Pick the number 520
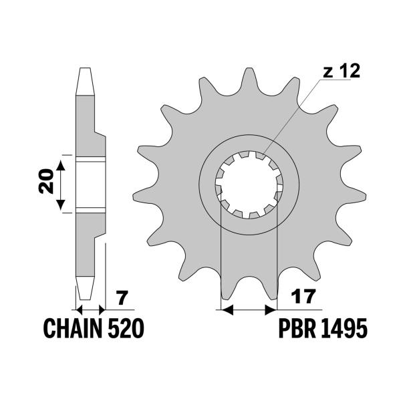pyautogui.click(x=126, y=329)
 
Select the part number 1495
pyautogui.click(x=345, y=329)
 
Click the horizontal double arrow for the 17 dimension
pyautogui.click(x=248, y=310)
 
